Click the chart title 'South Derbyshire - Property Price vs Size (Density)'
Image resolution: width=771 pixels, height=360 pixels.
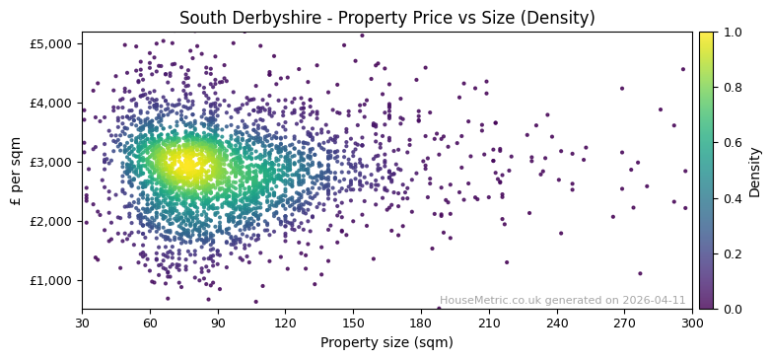click(x=386, y=18)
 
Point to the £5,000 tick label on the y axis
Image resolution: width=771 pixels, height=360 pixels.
click(x=50, y=43)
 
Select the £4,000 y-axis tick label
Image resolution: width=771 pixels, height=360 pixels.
click(x=50, y=103)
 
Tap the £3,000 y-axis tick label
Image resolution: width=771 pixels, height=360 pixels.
click(x=50, y=162)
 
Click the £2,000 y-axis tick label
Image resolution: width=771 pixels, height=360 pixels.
click(x=50, y=221)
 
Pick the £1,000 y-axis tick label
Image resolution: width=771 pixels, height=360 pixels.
click(x=50, y=280)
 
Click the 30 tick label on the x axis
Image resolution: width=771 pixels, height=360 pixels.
click(x=82, y=323)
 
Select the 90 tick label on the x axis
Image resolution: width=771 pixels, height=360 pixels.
click(x=218, y=323)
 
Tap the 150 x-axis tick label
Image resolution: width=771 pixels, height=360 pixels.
click(x=354, y=323)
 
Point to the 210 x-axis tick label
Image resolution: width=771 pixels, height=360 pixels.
click(x=489, y=323)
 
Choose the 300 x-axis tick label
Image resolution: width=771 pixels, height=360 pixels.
click(x=692, y=323)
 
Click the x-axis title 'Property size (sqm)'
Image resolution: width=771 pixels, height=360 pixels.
click(x=386, y=342)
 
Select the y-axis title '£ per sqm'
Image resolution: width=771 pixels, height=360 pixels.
click(x=17, y=171)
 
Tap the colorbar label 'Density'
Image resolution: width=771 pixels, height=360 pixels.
click(x=755, y=171)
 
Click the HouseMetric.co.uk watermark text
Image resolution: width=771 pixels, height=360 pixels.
click(x=562, y=300)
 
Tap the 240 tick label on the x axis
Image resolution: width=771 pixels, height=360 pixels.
click(x=557, y=323)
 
